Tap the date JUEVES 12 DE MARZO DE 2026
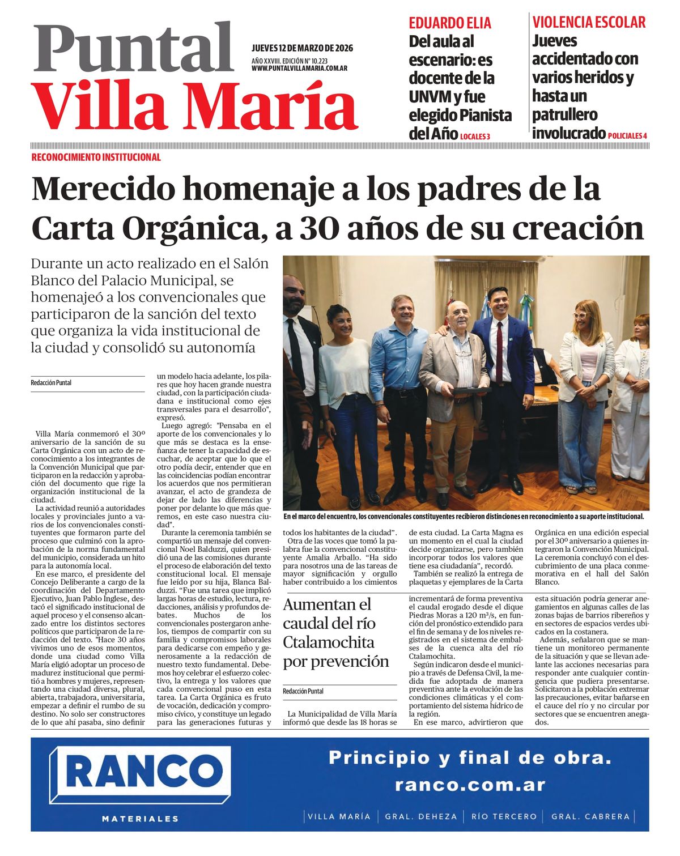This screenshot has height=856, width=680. (x=302, y=48)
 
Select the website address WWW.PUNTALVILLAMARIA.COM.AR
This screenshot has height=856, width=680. (x=299, y=69)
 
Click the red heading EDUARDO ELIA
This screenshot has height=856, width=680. (x=450, y=23)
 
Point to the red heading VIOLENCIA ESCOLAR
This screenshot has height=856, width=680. (x=589, y=23)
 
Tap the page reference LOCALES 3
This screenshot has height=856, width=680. (x=475, y=137)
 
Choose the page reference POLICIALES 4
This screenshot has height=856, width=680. (x=627, y=136)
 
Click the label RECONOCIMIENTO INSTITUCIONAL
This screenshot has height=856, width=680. (x=96, y=157)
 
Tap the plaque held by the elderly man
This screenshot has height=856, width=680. (x=471, y=390)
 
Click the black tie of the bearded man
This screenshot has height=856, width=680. (x=296, y=357)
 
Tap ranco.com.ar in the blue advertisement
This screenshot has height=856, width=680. (x=470, y=785)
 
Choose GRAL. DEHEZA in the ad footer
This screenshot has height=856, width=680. (x=420, y=816)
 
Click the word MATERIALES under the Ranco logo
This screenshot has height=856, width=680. (x=140, y=818)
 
